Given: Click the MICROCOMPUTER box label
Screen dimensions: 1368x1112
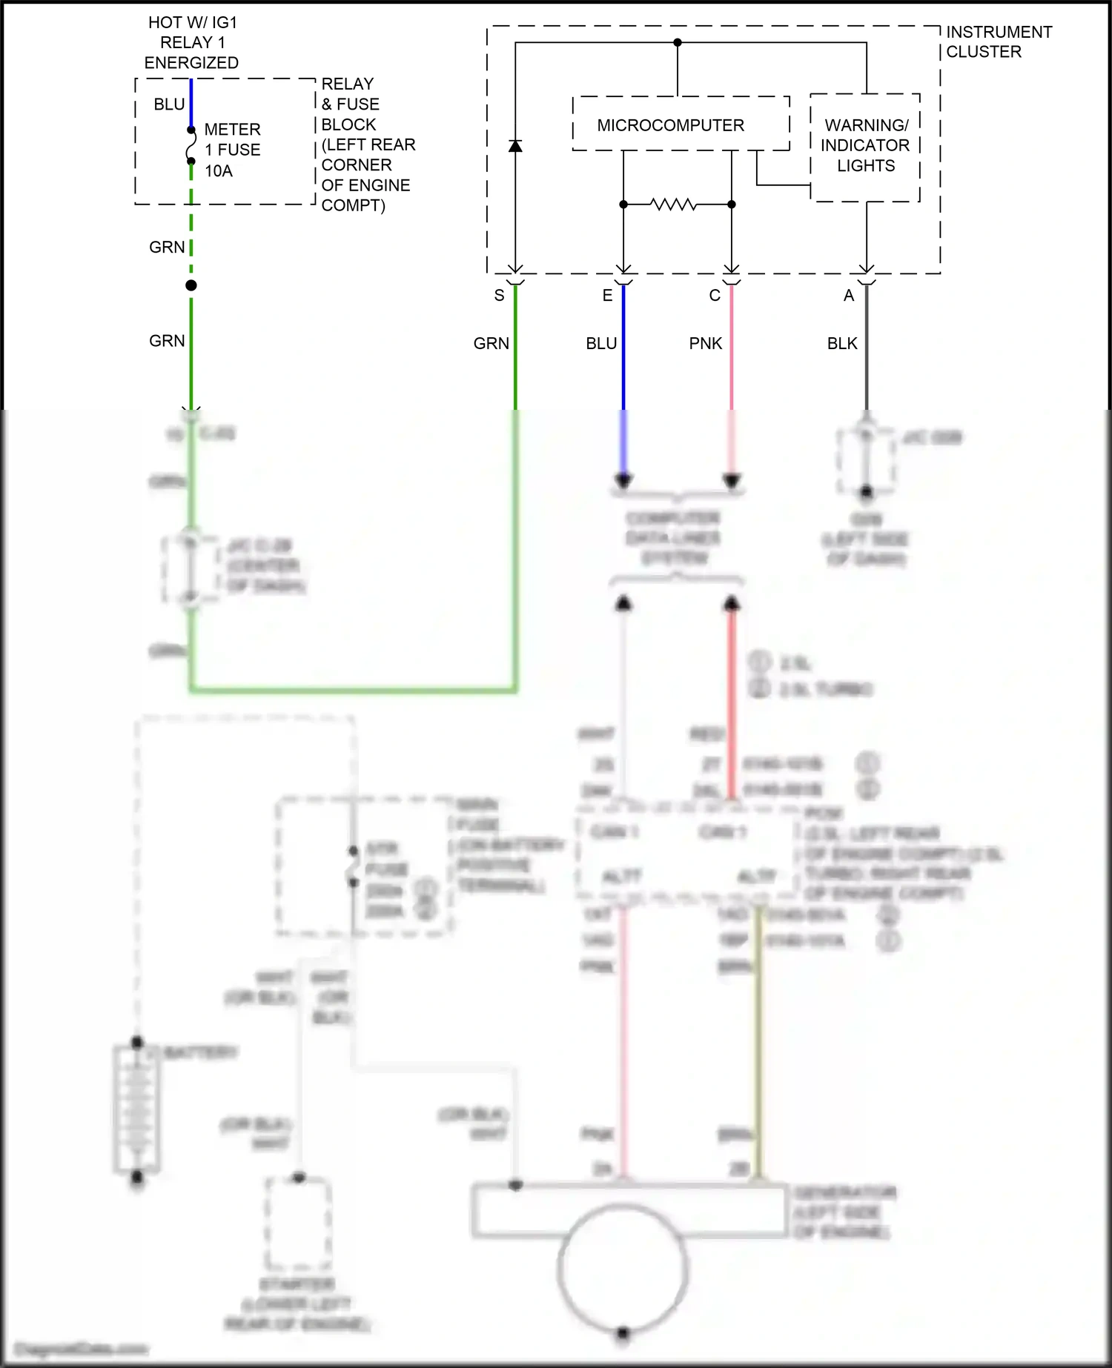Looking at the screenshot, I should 670,125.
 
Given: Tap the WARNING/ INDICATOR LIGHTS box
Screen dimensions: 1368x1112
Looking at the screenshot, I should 865,146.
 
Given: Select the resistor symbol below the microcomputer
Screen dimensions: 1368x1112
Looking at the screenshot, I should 673,204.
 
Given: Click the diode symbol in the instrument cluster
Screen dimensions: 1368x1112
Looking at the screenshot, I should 515,145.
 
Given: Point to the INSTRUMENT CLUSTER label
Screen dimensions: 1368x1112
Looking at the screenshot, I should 998,41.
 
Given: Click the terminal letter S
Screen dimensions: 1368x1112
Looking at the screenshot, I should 499,296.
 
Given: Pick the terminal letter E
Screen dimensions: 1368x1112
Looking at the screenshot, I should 607,296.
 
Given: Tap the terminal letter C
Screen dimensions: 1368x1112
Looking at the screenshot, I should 715,296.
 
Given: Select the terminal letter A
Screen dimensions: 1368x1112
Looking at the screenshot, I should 849,296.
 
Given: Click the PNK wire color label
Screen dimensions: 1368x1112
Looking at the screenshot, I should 705,343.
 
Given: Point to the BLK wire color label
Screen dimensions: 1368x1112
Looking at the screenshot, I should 842,343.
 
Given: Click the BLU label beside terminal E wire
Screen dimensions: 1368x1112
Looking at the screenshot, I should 601,343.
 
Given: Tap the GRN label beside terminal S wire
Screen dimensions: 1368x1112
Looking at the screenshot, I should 491,343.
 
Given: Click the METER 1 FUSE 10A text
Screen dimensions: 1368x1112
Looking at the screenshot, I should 232,150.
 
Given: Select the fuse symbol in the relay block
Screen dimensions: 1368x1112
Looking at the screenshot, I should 191,145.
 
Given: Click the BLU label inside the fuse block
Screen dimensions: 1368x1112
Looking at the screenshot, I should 169,104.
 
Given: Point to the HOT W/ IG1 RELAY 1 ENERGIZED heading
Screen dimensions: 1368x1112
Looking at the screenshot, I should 192,42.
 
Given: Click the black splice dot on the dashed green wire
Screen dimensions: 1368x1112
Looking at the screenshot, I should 191,285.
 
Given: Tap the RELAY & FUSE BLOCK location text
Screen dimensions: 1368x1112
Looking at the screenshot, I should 367,145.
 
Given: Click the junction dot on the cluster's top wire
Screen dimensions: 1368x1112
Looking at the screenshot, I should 677,42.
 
